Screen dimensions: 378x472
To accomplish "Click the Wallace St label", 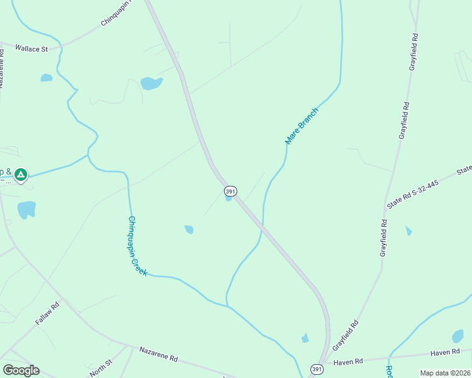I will tap(32, 48).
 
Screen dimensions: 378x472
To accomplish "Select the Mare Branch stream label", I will tap(302, 126).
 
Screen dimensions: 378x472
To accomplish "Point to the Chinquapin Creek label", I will tap(138, 246).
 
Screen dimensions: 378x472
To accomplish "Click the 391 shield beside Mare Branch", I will tap(230, 190).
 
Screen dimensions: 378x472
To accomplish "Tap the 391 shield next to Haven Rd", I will tap(317, 369).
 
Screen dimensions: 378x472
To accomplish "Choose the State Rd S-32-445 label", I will tap(413, 194).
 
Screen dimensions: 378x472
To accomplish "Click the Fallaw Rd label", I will tap(47, 313).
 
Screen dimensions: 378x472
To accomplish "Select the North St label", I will tap(100, 368).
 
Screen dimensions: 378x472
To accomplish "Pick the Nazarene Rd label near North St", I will tap(158, 354).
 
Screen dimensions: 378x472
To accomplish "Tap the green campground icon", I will tap(21, 174).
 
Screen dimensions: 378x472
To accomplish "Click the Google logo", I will tap(21, 370).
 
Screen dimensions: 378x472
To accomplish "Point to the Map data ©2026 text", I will tap(445, 373).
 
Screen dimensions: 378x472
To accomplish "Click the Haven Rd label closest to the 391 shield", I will tap(348, 362).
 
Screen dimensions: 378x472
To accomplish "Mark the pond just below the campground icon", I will tap(27, 209).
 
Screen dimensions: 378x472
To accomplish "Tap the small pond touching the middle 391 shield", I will tap(228, 198).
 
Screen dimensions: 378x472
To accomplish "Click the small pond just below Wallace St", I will tap(46, 77).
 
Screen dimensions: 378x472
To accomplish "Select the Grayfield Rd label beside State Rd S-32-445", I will tap(383, 237).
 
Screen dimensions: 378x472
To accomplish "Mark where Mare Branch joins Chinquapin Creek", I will tap(227, 306).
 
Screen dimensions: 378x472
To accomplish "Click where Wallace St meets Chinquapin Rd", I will tap(62, 45).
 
